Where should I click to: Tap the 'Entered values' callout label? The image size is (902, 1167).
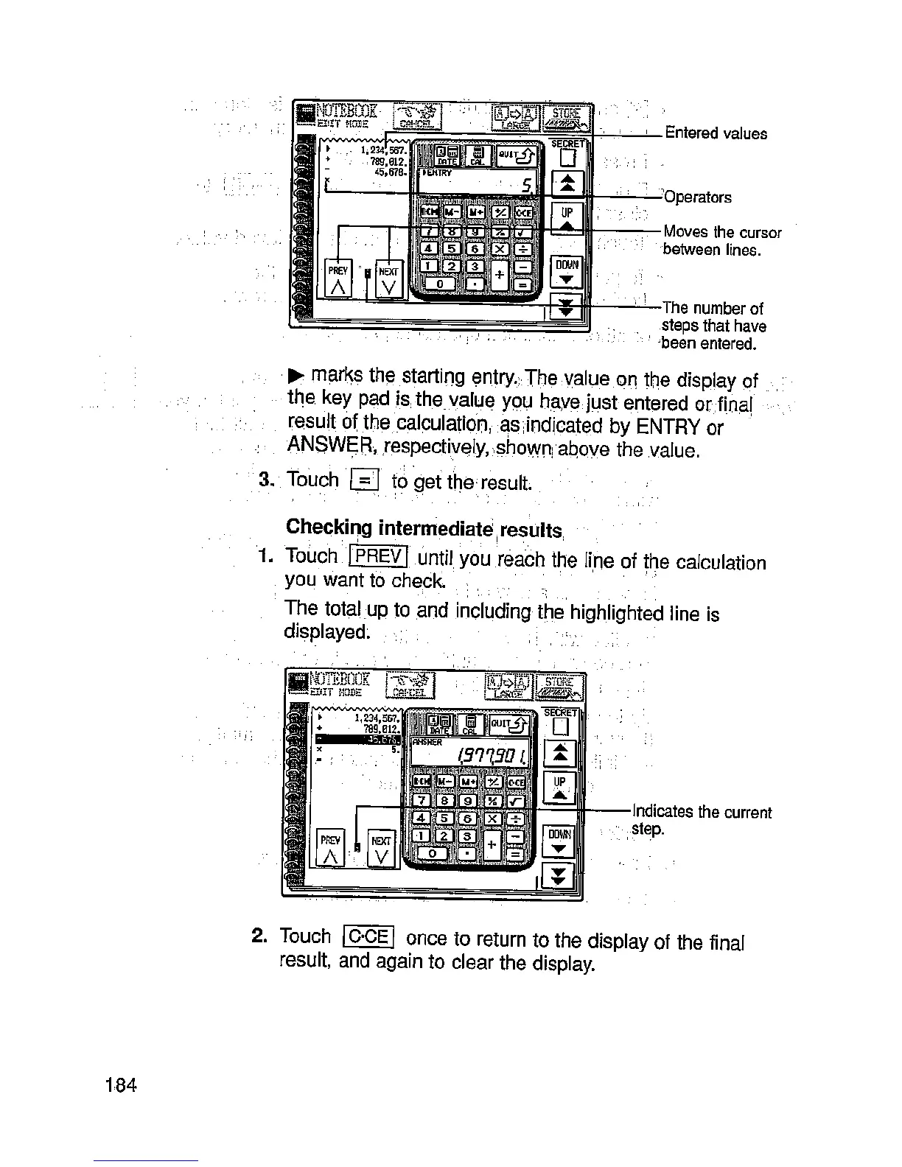coord(716,133)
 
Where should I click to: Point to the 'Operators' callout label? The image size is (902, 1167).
coord(698,197)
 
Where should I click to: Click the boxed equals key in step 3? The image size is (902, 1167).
coord(365,480)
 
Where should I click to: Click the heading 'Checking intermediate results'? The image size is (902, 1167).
coord(425,528)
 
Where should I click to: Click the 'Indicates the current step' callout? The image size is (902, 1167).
coord(701,820)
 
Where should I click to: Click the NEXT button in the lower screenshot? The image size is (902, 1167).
coord(381,848)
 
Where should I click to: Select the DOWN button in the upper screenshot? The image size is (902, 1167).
coord(567,271)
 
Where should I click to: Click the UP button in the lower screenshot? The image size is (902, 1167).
coord(560,788)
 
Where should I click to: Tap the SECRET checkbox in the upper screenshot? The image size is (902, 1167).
coord(567,158)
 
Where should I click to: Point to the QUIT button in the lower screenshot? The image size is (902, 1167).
coord(509,725)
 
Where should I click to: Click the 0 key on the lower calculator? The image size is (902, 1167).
coord(433,852)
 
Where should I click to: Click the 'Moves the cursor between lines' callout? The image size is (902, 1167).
coord(721,241)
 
